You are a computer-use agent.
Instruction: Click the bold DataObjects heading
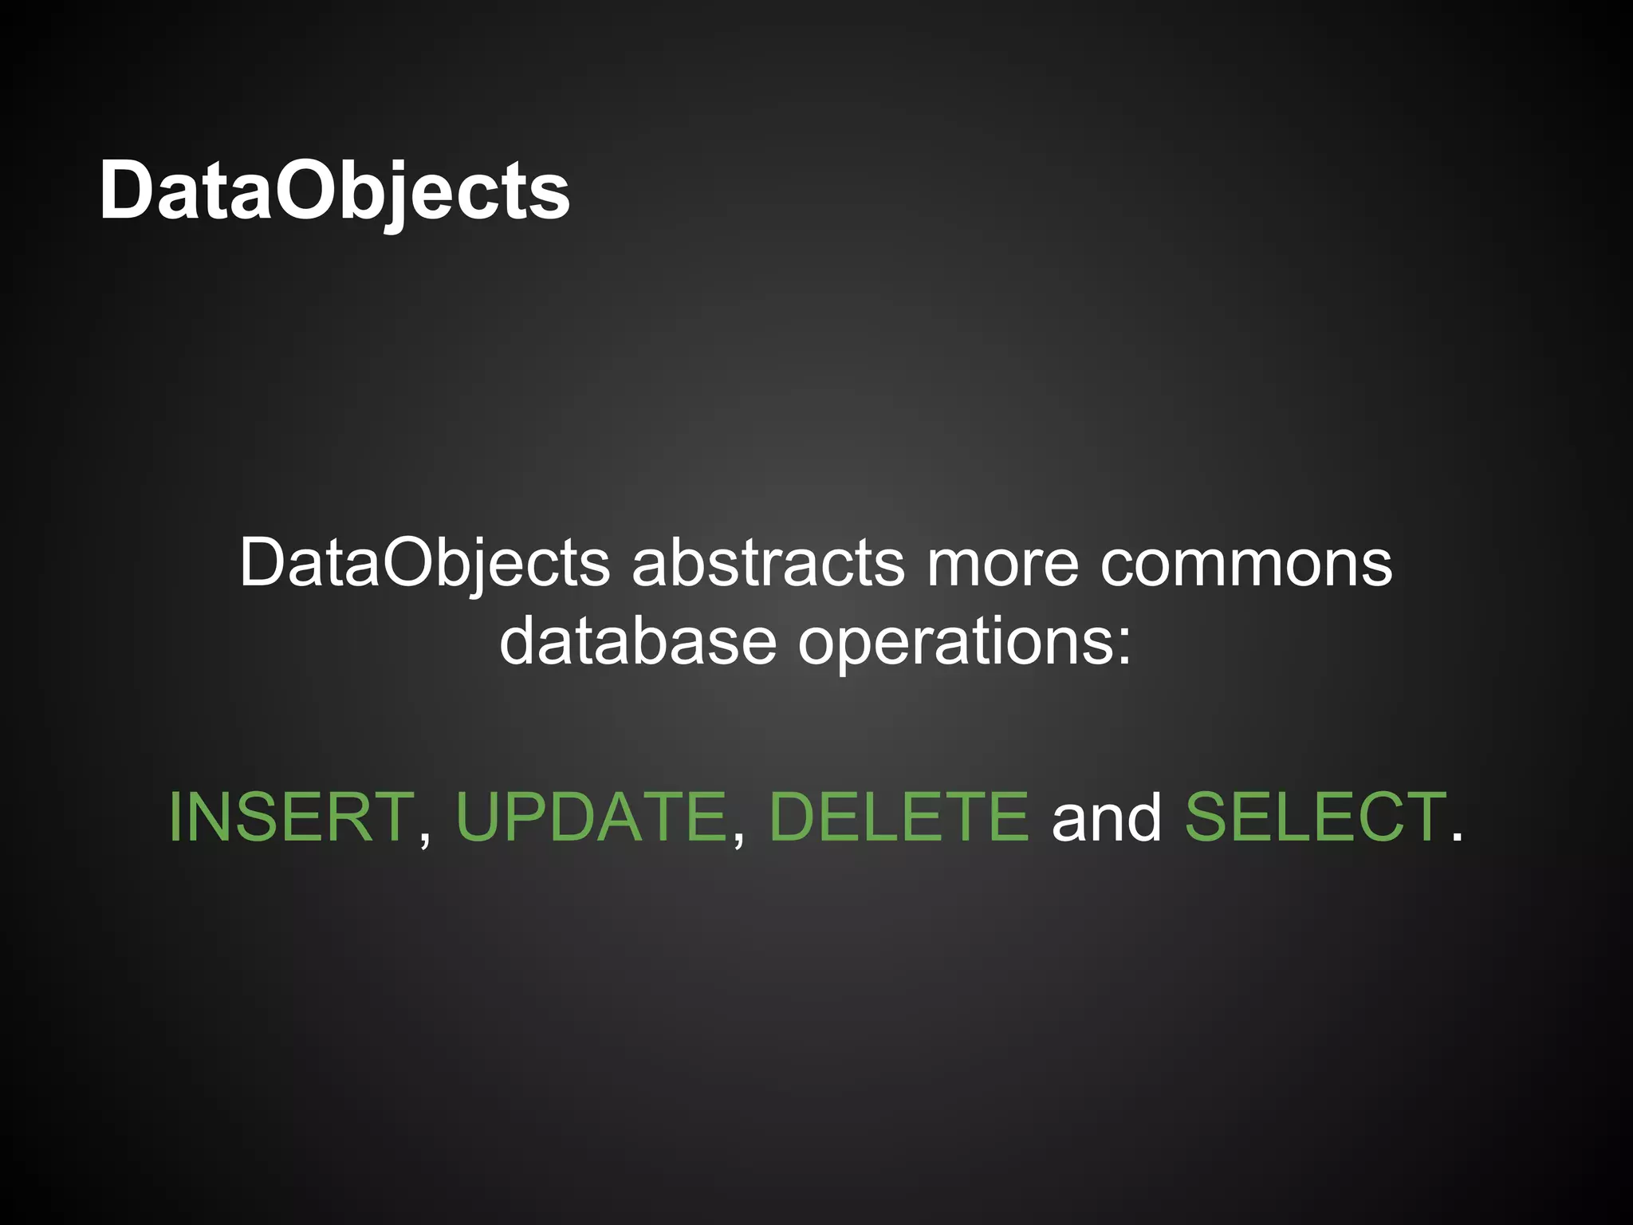click(x=334, y=191)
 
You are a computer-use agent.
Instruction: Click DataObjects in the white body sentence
click(x=424, y=563)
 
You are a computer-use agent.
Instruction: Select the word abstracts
click(x=768, y=563)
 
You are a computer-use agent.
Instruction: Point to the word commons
click(x=1245, y=563)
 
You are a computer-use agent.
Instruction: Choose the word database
click(x=637, y=641)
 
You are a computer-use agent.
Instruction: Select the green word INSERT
click(x=291, y=817)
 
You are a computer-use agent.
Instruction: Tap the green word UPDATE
click(x=591, y=817)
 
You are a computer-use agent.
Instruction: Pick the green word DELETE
click(x=899, y=817)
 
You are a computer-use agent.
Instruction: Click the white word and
click(x=1107, y=817)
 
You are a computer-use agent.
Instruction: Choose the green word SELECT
click(x=1315, y=817)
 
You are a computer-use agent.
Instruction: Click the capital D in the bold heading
click(x=128, y=191)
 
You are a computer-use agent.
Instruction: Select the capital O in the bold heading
click(x=306, y=191)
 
